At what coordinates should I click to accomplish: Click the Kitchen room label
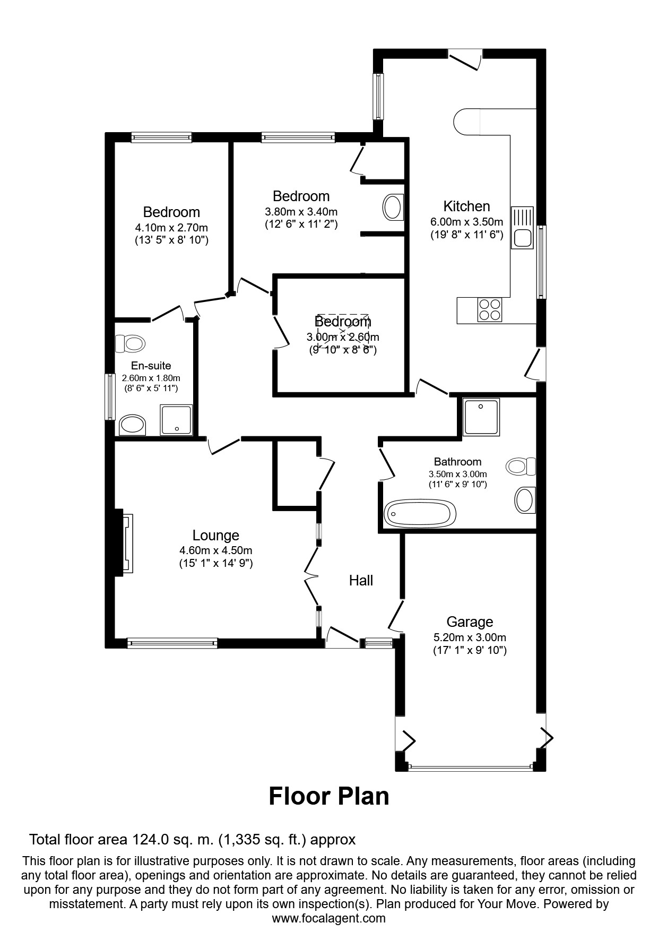466,206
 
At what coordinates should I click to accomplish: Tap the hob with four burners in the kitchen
489,309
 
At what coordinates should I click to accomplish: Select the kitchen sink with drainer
522,227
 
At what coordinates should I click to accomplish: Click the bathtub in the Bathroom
420,513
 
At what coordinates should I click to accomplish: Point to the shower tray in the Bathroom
481,417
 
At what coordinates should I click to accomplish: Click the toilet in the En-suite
130,343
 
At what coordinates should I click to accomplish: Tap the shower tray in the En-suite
177,420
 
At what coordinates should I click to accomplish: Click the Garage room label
470,622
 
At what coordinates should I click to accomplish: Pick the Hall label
361,581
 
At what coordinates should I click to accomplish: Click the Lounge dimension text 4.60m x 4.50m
215,550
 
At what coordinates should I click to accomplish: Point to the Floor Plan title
329,796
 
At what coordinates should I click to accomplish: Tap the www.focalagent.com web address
329,918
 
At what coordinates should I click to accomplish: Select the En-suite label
151,366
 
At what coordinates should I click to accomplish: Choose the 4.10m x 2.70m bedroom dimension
171,228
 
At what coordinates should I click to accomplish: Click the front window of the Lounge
172,643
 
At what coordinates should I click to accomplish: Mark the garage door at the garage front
471,766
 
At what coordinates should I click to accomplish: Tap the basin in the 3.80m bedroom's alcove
393,207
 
